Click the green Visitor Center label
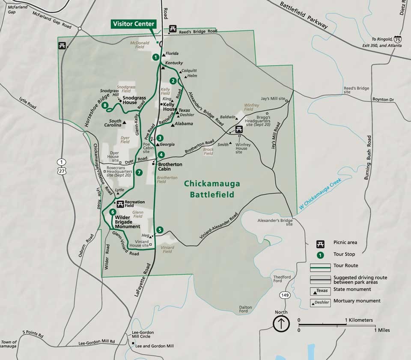tap(133, 24)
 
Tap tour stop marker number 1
tap(156, 57)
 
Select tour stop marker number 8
tap(105, 105)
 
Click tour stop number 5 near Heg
tap(159, 230)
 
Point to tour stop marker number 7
tap(139, 173)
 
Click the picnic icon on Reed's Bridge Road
tap(173, 29)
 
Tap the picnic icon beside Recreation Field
tap(120, 203)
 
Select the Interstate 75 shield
tap(398, 39)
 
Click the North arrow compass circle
tap(281, 324)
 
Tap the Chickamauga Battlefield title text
tap(212, 189)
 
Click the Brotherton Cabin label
tap(170, 167)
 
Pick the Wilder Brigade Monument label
tap(128, 222)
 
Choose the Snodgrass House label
tap(134, 100)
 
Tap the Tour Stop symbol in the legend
tap(319, 254)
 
